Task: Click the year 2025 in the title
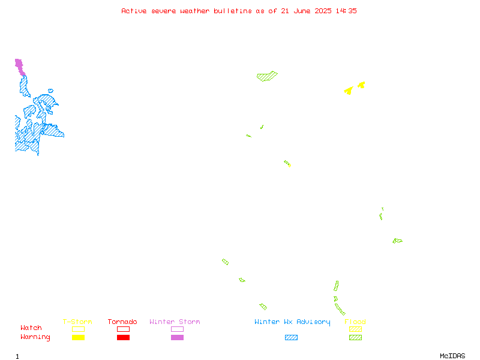(x=323, y=11)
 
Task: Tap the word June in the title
(x=302, y=11)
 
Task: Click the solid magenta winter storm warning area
(x=20, y=67)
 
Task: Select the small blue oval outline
(x=50, y=91)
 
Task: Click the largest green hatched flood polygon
(x=267, y=76)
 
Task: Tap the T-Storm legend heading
(x=77, y=322)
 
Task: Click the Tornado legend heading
(x=122, y=322)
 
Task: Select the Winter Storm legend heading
(x=175, y=322)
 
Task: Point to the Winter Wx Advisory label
(x=292, y=322)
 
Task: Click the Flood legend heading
(x=355, y=322)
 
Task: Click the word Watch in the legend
(x=31, y=328)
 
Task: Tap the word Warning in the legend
(x=35, y=337)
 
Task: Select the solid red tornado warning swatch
(x=124, y=337)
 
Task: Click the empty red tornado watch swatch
(x=124, y=329)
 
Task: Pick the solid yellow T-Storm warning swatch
(x=79, y=337)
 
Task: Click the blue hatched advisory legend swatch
(x=291, y=337)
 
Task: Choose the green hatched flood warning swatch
(x=355, y=337)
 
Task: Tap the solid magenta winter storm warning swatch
(x=177, y=337)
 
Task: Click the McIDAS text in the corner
(x=452, y=356)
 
